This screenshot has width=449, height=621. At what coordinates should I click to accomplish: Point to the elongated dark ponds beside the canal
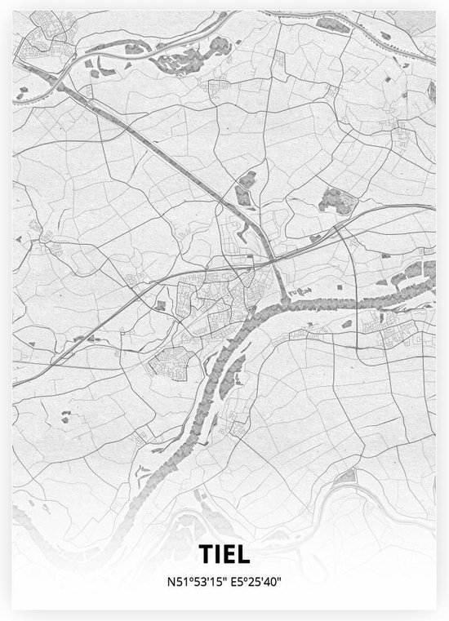point(244,192)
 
